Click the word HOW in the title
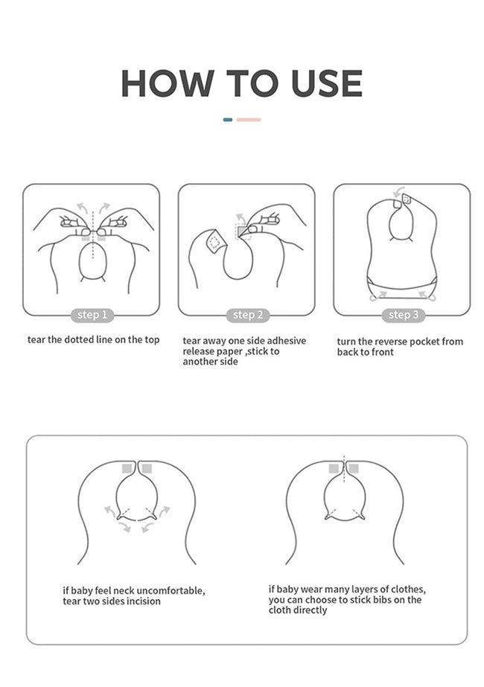pos(168,83)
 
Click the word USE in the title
pos(327,83)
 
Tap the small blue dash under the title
pos(228,120)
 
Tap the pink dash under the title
pos(249,120)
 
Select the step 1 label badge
pos(92,315)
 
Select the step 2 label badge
pos(248,315)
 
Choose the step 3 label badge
pos(404,315)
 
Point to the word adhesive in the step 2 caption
pos(286,341)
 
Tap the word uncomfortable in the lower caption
pos(171,590)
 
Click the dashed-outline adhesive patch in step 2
pos(214,241)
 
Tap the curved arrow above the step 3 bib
pos(398,192)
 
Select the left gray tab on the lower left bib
pos(127,468)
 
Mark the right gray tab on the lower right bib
pos(354,468)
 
